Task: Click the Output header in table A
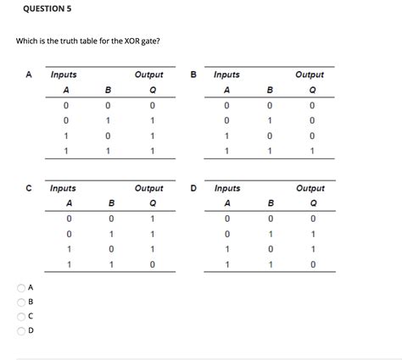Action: pyautogui.click(x=150, y=75)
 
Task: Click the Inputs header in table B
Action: pyautogui.click(x=226, y=75)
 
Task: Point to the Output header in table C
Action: pyautogui.click(x=149, y=188)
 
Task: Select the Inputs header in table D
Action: pyautogui.click(x=227, y=188)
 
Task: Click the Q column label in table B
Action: pyautogui.click(x=312, y=90)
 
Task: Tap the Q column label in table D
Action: pyautogui.click(x=312, y=203)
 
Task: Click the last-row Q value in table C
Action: pyautogui.click(x=151, y=264)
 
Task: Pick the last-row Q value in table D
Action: pyautogui.click(x=312, y=264)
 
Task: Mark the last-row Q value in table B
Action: pyautogui.click(x=312, y=151)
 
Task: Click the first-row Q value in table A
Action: pyautogui.click(x=151, y=105)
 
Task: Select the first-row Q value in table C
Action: pyautogui.click(x=151, y=219)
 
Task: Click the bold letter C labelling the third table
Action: pyautogui.click(x=29, y=188)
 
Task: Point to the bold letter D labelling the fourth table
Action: pyautogui.click(x=193, y=188)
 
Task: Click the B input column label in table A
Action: pyautogui.click(x=108, y=90)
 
